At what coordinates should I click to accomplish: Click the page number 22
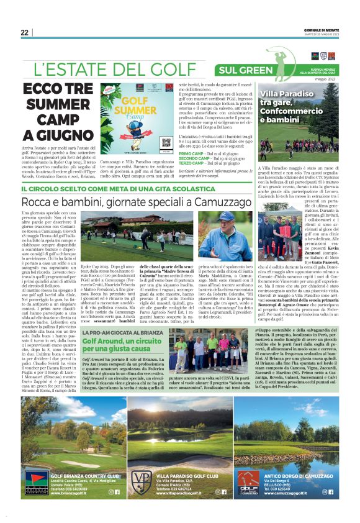24,33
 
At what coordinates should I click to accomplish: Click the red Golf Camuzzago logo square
248,482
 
